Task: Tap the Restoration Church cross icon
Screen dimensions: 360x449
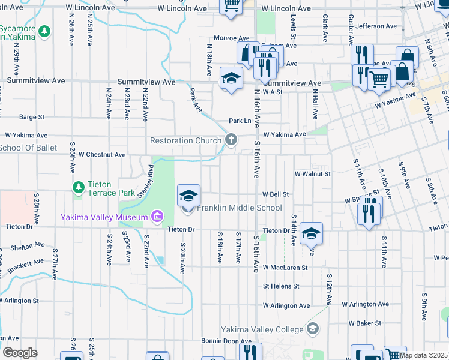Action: click(x=230, y=140)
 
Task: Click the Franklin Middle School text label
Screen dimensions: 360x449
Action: click(x=240, y=208)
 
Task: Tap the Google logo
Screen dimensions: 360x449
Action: click(x=20, y=353)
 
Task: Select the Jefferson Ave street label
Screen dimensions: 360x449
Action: click(x=376, y=26)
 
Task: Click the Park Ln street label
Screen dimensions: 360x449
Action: click(x=239, y=121)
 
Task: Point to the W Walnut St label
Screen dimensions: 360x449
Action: click(x=312, y=174)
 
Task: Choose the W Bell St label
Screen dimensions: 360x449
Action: click(x=276, y=194)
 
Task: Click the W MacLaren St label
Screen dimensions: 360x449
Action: click(x=285, y=268)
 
